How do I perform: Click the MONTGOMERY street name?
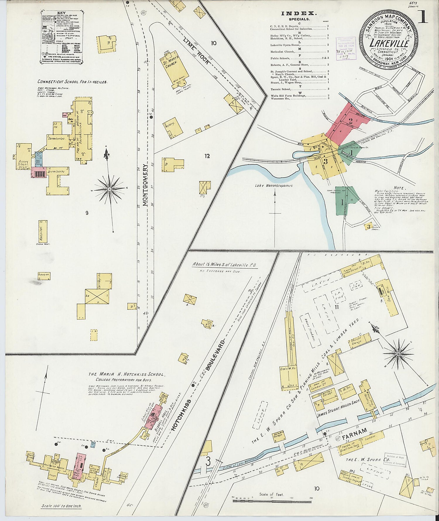click(x=145, y=185)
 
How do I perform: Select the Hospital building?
click(x=43, y=231)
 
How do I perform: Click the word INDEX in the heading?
click(x=299, y=13)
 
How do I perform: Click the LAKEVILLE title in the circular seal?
click(x=389, y=44)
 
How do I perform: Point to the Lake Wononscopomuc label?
click(x=273, y=185)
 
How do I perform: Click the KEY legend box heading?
click(x=61, y=13)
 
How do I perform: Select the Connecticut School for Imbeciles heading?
click(x=72, y=82)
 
